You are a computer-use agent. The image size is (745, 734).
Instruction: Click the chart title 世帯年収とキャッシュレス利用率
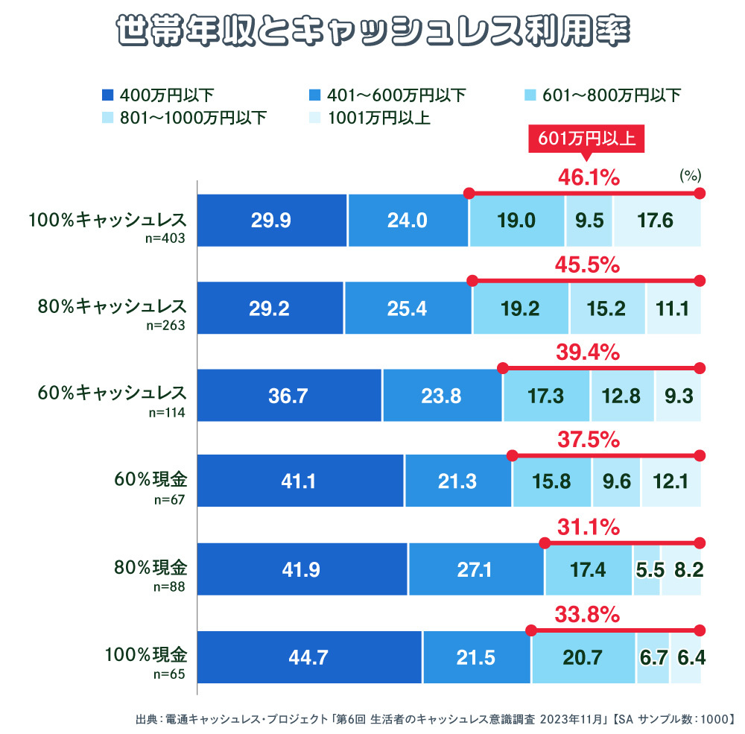(x=372, y=32)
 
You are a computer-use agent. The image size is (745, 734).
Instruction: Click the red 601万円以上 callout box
(x=586, y=139)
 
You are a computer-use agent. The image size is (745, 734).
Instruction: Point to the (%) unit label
(x=691, y=176)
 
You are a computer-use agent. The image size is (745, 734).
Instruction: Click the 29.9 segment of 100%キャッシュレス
(x=271, y=220)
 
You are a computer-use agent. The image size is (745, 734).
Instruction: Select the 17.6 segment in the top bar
(x=656, y=220)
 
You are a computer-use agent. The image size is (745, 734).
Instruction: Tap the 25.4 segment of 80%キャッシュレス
(x=408, y=308)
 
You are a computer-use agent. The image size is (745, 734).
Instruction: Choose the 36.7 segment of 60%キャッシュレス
(x=288, y=396)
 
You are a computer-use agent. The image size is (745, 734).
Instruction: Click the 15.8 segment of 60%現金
(x=552, y=481)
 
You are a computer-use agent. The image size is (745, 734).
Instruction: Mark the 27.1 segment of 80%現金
(x=475, y=569)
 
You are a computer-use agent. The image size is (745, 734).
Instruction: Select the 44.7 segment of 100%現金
(x=308, y=657)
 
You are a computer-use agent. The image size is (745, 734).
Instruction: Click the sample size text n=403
(x=168, y=239)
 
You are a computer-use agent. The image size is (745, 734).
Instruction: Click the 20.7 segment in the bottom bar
(x=583, y=657)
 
